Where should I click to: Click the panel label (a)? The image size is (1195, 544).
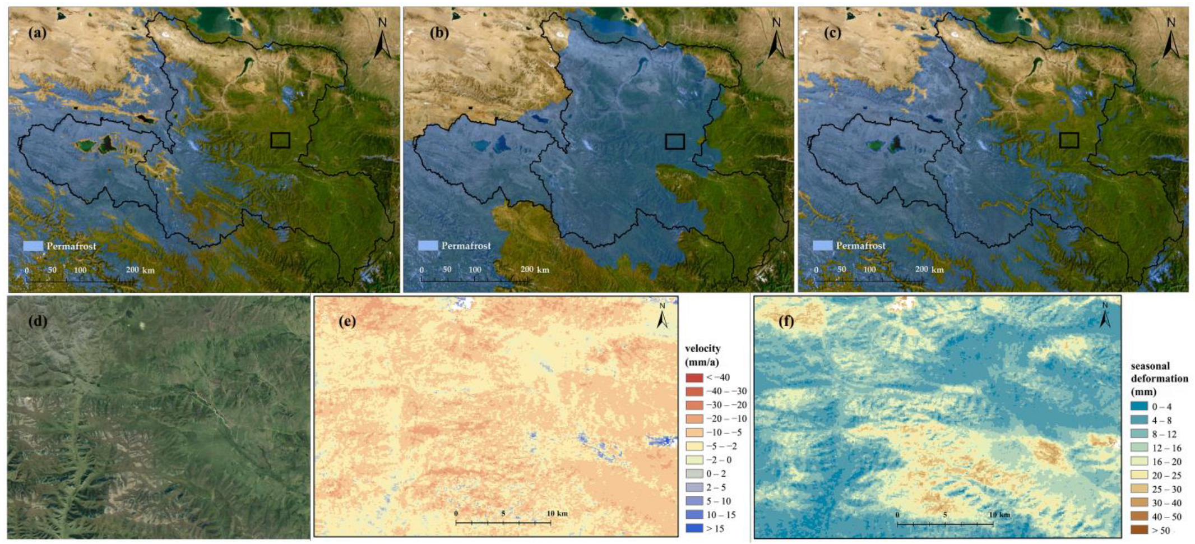tap(38, 33)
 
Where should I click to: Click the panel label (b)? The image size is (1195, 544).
tap(438, 33)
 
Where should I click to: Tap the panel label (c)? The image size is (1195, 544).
tap(832, 33)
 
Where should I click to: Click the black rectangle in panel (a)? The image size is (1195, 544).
tap(280, 140)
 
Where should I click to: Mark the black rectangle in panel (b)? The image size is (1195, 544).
tap(675, 141)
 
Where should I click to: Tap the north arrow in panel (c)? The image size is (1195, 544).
tap(1170, 39)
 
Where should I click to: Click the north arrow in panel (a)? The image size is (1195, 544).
tap(383, 39)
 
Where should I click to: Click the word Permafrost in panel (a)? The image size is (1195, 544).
tap(71, 246)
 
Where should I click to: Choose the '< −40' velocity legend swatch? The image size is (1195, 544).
tap(694, 377)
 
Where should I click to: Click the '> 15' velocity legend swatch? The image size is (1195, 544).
tap(694, 528)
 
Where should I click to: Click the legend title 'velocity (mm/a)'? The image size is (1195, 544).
tap(703, 356)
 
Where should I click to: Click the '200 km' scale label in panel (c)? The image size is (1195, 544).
tap(928, 270)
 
